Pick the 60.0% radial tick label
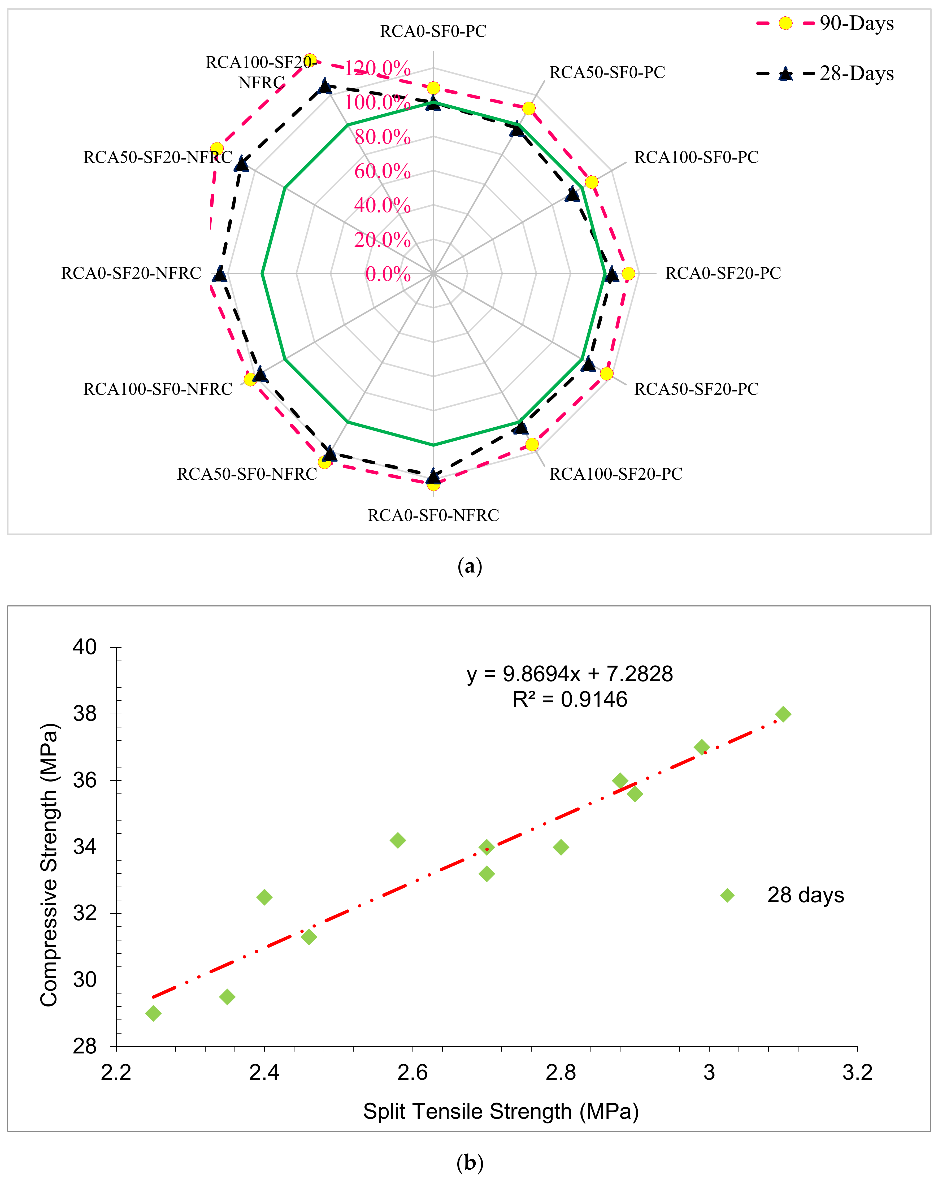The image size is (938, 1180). [382, 171]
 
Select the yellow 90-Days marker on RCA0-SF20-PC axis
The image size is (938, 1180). [628, 274]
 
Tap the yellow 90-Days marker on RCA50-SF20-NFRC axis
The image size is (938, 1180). [217, 149]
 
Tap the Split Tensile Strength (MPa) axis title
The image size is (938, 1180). [501, 1112]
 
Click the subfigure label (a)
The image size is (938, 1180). [469, 566]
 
